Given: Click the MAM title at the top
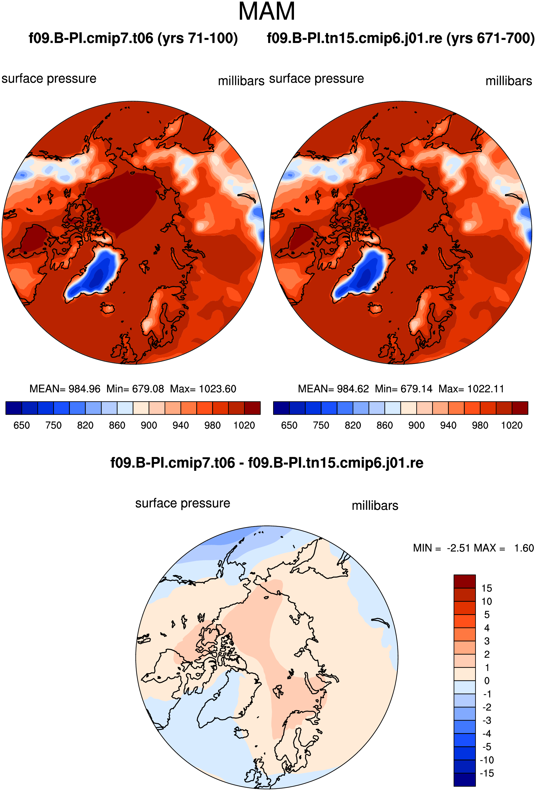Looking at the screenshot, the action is (x=267, y=11).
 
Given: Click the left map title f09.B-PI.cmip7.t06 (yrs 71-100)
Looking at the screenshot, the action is (x=133, y=38).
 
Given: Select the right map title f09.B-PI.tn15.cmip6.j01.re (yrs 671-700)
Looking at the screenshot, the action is (x=401, y=38).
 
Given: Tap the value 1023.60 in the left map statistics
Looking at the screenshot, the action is (x=217, y=389).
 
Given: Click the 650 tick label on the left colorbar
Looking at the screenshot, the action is (x=21, y=425).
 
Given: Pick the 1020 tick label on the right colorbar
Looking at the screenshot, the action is (x=512, y=425).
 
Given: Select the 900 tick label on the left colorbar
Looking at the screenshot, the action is (x=149, y=425).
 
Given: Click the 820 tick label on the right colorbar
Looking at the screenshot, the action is (x=353, y=425).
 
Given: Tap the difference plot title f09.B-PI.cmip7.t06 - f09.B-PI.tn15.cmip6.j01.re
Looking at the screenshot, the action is (x=267, y=463).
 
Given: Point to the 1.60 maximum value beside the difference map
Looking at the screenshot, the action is (x=524, y=548).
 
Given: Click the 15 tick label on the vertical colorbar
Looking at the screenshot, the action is (x=487, y=588).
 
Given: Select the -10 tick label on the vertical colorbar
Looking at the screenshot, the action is (x=487, y=760).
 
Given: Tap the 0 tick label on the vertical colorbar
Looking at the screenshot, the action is (x=487, y=681).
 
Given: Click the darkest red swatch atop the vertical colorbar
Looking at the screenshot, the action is (x=465, y=581).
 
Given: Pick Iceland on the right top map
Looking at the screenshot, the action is (x=375, y=309).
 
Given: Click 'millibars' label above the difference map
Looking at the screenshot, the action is (x=375, y=505).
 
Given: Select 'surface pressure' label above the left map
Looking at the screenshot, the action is (x=49, y=79).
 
